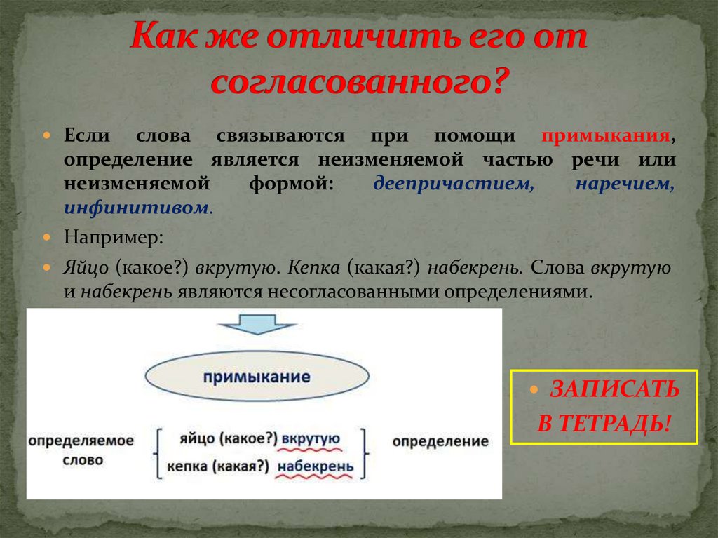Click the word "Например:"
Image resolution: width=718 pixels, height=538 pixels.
pos(114,238)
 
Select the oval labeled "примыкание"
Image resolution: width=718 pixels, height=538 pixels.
pos(257,377)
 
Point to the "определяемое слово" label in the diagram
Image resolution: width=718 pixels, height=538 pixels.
pos(81,450)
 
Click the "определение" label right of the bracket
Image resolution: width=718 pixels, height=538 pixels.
pos(440,441)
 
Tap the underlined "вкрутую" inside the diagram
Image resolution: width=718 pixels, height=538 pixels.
pos(311,438)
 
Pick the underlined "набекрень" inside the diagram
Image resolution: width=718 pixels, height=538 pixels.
pos(316,466)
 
